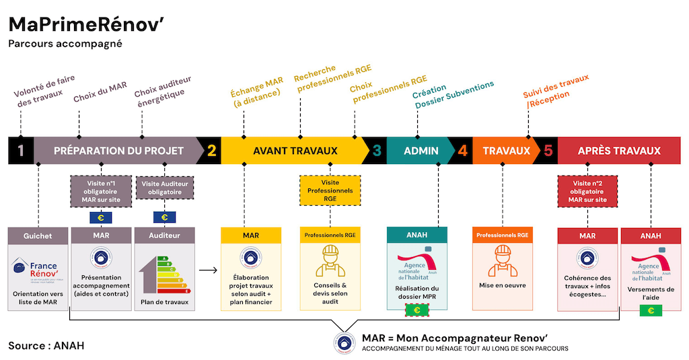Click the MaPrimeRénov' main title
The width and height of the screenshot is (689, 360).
pyautogui.click(x=87, y=25)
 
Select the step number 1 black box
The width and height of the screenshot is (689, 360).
pyautogui.click(x=20, y=151)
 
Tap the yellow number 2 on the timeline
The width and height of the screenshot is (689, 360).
pyautogui.click(x=211, y=151)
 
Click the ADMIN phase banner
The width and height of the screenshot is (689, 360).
pyautogui.click(x=421, y=151)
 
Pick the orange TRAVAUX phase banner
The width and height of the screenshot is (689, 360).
pyautogui.click(x=506, y=151)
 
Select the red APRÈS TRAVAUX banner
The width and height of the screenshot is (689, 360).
pyautogui.click(x=618, y=151)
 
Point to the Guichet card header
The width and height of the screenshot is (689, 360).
pyautogui.click(x=38, y=236)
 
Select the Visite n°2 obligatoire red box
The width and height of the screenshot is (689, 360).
pyautogui.click(x=587, y=191)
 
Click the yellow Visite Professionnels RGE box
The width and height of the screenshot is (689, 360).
pyautogui.click(x=330, y=191)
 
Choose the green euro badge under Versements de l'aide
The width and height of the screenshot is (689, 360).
pyautogui.click(x=650, y=310)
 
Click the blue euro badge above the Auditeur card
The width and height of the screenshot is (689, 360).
pyautogui.click(x=164, y=217)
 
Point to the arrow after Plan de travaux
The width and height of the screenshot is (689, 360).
pyautogui.click(x=209, y=271)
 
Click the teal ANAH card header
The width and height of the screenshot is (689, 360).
pyautogui.click(x=416, y=236)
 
